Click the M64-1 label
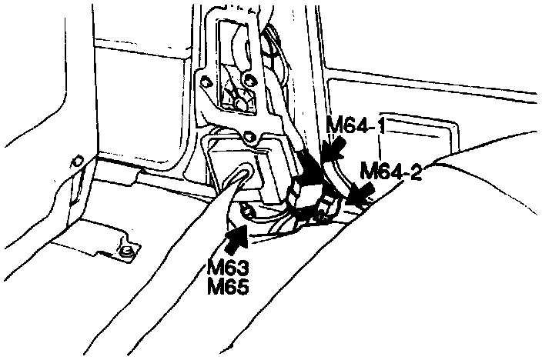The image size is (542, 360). (355, 125)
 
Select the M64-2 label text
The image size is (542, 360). (391, 171)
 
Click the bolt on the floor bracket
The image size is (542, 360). (125, 250)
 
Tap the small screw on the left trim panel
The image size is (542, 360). (75, 162)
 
